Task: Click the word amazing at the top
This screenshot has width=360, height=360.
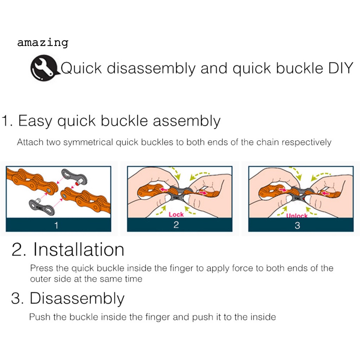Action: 43,43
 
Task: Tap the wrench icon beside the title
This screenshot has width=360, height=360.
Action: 44,68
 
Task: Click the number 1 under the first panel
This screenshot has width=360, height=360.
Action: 57,225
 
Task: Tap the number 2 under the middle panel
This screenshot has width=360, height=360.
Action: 176,225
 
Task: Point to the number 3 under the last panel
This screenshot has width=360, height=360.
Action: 297,225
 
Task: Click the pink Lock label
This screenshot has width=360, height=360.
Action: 176,214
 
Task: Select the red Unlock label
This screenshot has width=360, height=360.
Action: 297,216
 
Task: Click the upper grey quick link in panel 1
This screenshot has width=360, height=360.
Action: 75,176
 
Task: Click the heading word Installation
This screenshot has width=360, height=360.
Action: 79,249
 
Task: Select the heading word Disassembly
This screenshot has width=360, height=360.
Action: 77,298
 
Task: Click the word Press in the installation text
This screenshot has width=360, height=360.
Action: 42,268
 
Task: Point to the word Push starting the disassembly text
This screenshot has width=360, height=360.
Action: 40,317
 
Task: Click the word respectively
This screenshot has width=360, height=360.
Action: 307,142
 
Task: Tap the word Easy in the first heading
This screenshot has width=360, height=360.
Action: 35,121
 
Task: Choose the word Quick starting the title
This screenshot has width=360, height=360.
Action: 81,68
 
